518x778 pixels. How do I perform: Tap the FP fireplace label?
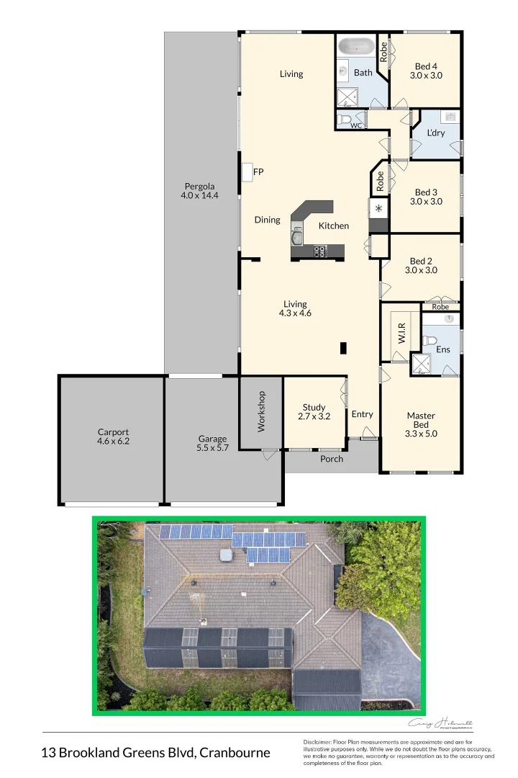point(258,172)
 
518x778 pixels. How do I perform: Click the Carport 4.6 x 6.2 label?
point(113,437)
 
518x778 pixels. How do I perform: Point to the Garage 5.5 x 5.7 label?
point(212,443)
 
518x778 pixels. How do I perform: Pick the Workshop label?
point(262,411)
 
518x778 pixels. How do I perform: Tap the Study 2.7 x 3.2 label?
point(314,412)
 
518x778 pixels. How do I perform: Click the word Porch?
point(331,459)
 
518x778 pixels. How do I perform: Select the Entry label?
point(363,414)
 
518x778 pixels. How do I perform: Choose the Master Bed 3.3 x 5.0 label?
point(421,424)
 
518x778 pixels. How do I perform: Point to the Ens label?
point(443,349)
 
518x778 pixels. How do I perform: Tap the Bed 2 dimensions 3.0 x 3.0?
point(421,270)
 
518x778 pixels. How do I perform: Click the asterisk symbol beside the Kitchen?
point(378,209)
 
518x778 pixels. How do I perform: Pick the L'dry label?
point(436,133)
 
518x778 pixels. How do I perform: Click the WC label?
point(356,126)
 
